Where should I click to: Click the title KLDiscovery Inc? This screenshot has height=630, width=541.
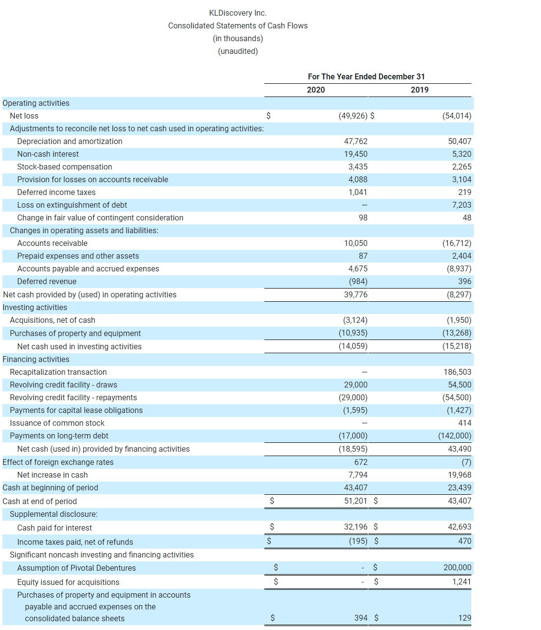[238, 13]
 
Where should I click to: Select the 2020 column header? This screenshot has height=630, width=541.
[316, 90]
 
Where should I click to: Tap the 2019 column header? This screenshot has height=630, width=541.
[419, 90]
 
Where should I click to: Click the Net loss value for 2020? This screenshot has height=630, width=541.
[353, 116]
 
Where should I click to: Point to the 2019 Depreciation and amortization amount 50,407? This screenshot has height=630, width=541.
[459, 141]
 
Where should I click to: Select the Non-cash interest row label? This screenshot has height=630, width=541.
[48, 154]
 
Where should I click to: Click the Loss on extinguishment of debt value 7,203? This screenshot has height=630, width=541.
[461, 205]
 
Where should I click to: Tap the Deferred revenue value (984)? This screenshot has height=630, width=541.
[358, 281]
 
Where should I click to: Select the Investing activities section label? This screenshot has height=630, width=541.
[35, 307]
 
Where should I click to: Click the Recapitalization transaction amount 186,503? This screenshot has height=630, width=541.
[457, 372]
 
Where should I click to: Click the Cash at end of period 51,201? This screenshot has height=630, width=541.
[355, 501]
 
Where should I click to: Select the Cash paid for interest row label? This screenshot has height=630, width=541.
[54, 528]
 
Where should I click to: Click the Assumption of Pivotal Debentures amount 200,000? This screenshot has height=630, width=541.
[457, 567]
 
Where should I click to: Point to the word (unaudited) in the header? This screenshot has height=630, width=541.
[238, 51]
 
